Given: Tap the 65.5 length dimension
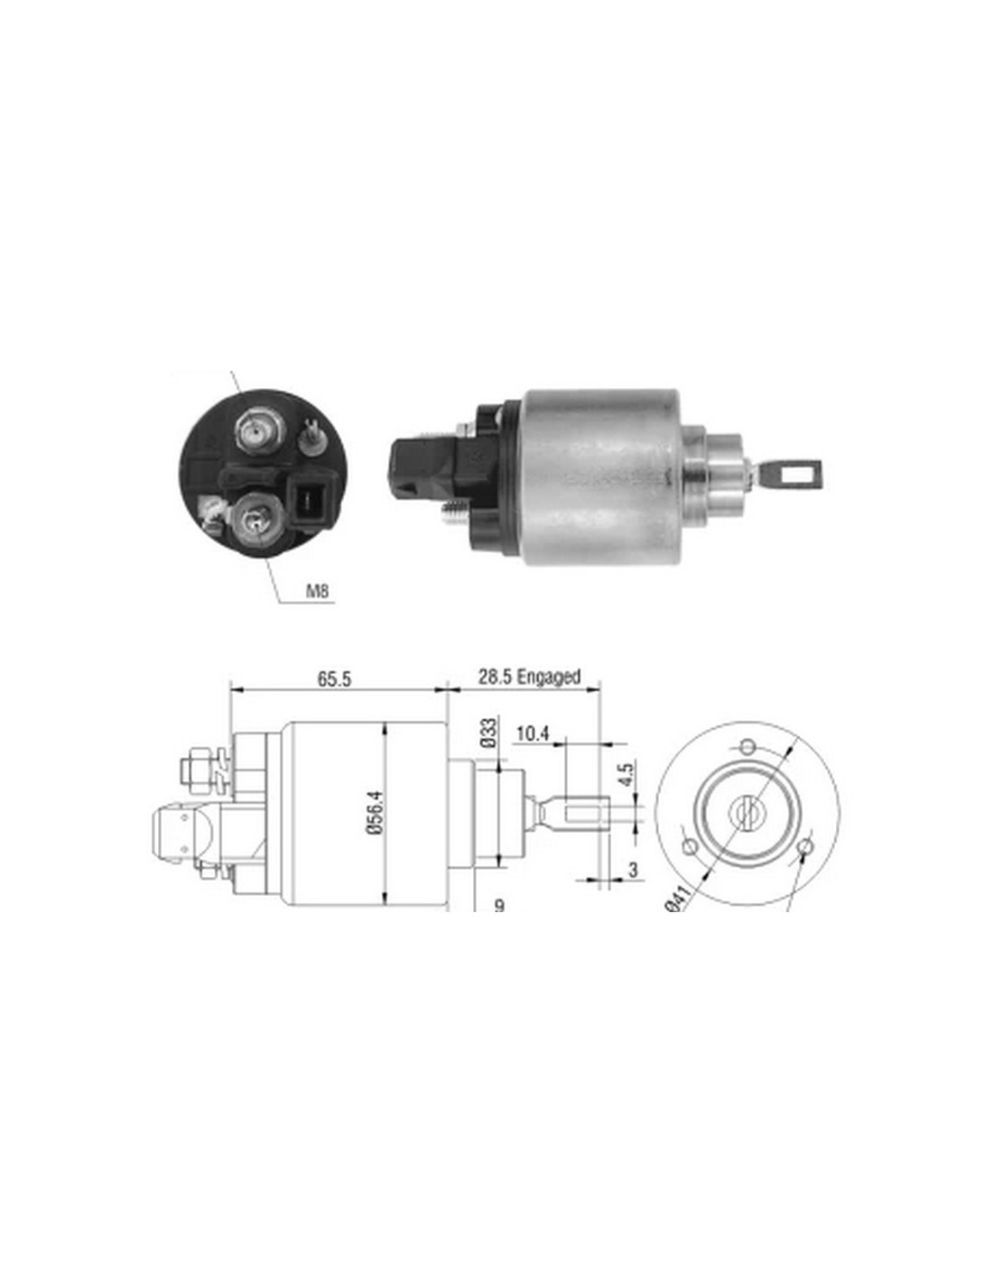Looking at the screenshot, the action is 334,678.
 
